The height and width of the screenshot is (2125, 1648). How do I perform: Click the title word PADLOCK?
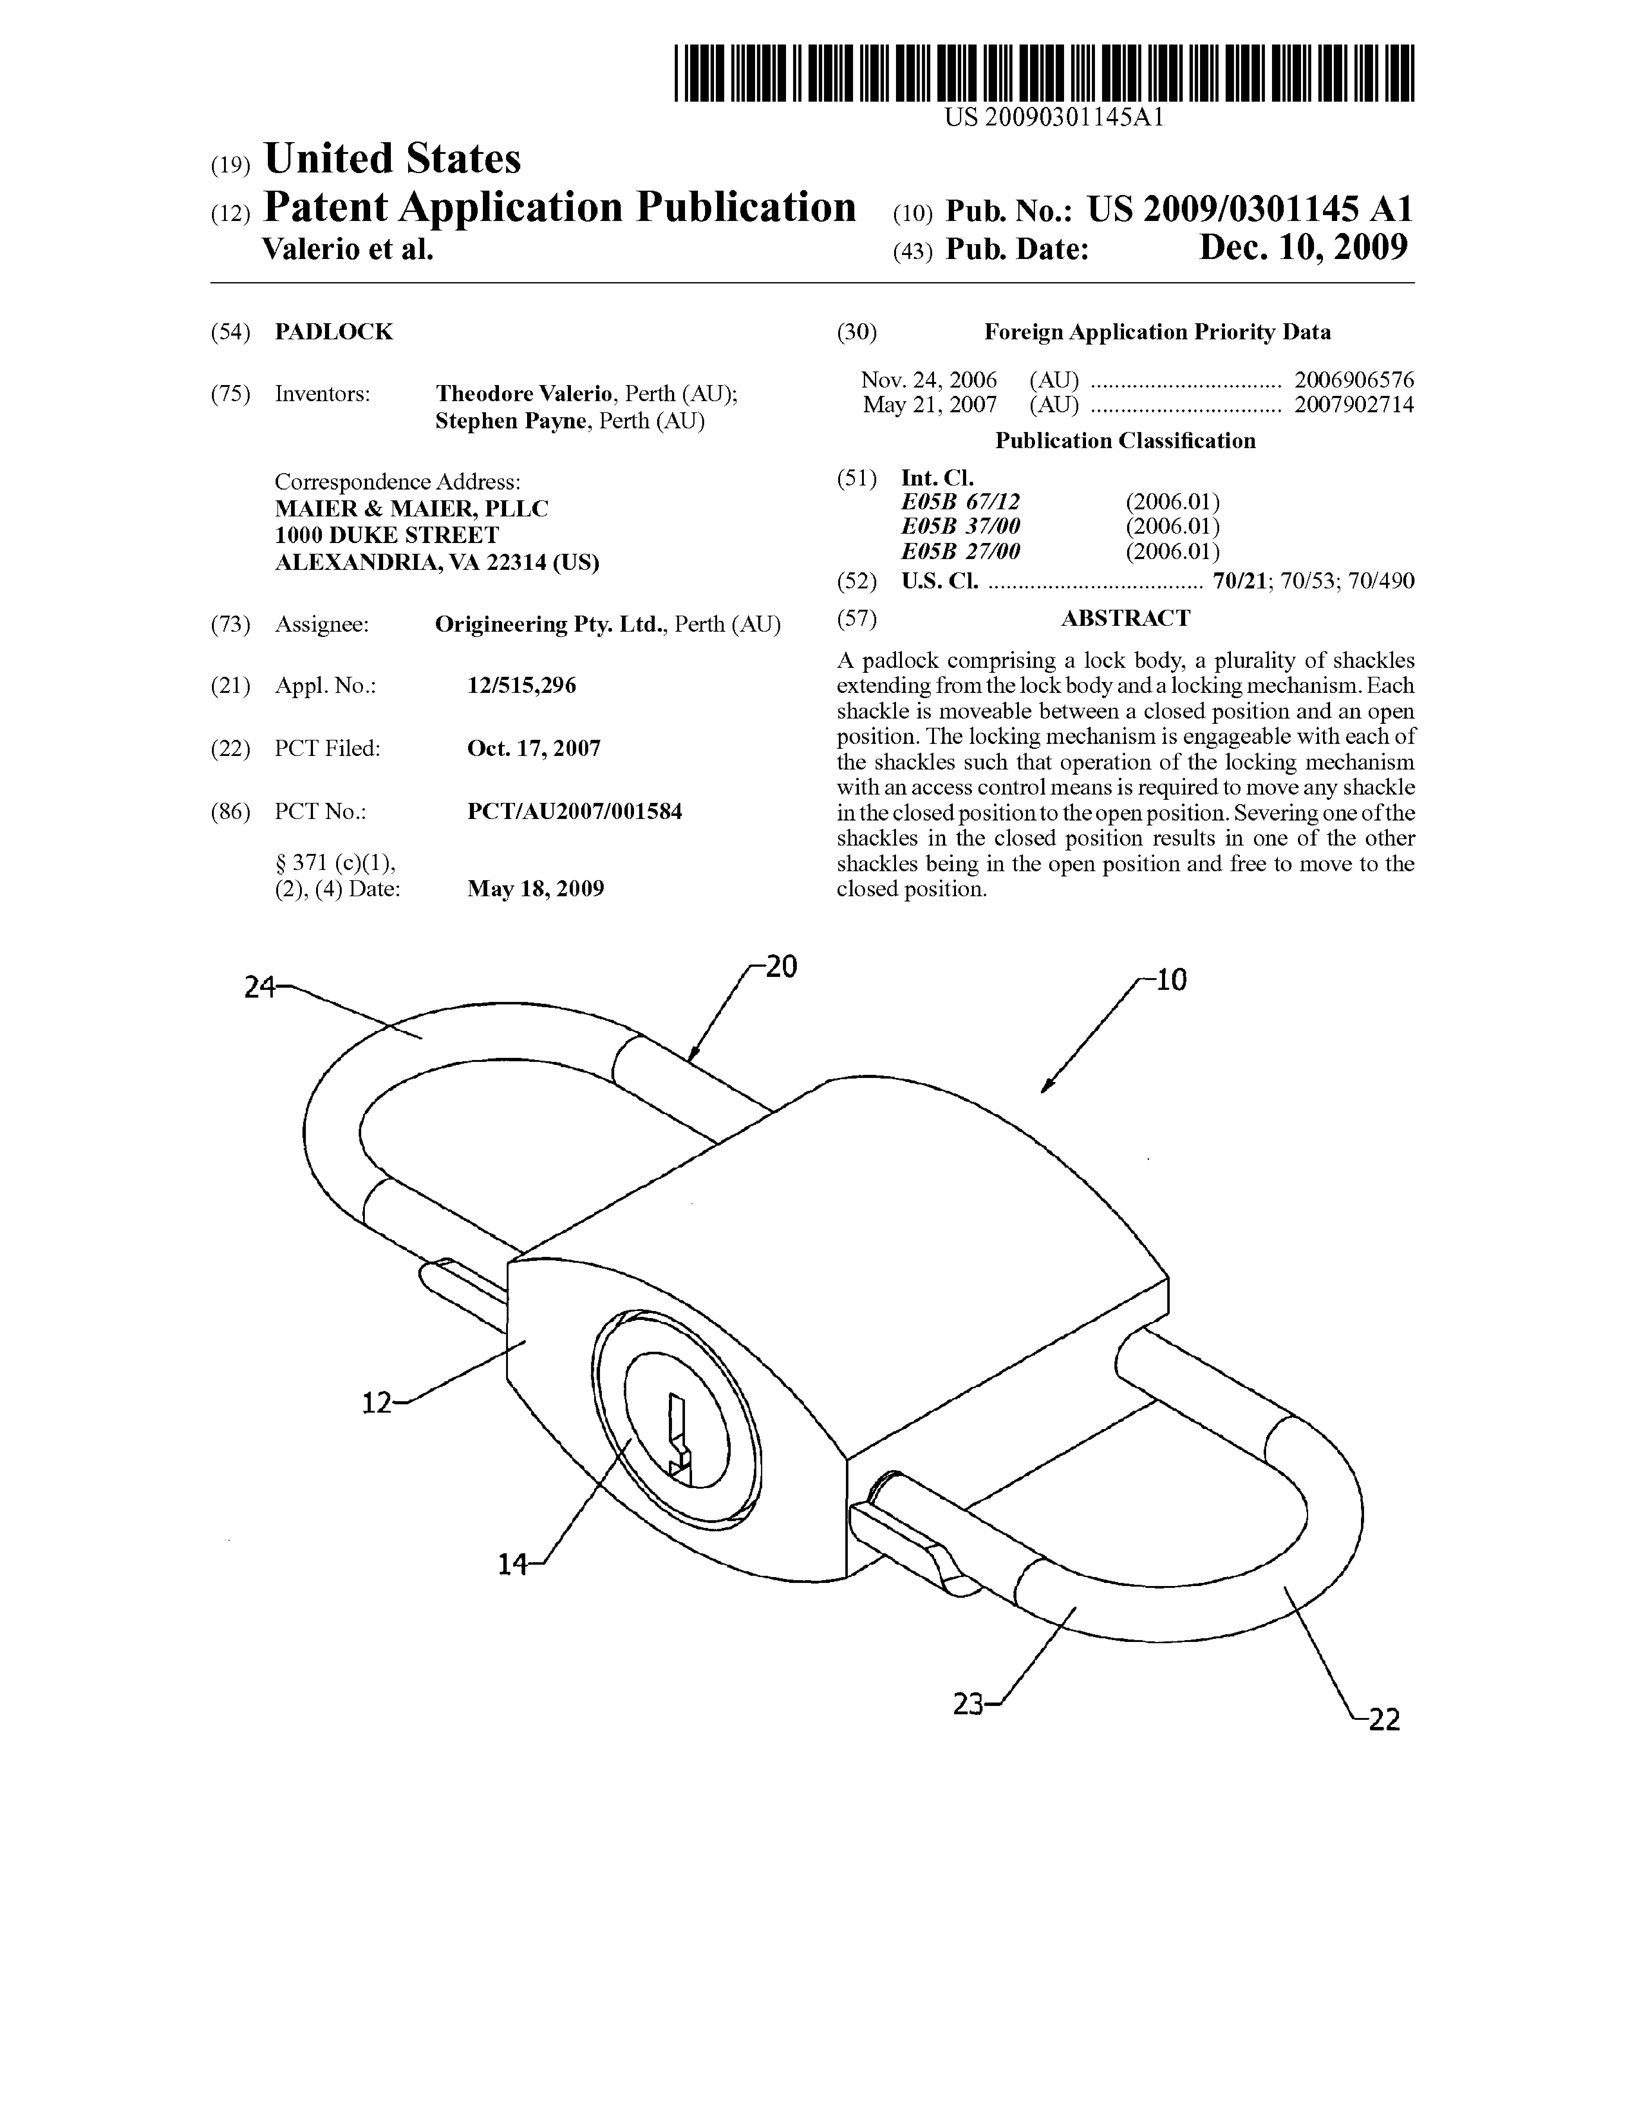click(x=334, y=332)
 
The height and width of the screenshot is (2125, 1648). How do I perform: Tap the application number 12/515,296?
click(x=522, y=686)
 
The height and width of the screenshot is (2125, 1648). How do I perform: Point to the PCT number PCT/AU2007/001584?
click(x=574, y=812)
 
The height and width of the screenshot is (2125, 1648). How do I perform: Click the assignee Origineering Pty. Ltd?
click(x=550, y=625)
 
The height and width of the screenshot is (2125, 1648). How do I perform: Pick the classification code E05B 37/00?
click(x=960, y=526)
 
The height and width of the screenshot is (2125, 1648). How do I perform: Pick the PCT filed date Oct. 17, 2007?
click(x=534, y=748)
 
